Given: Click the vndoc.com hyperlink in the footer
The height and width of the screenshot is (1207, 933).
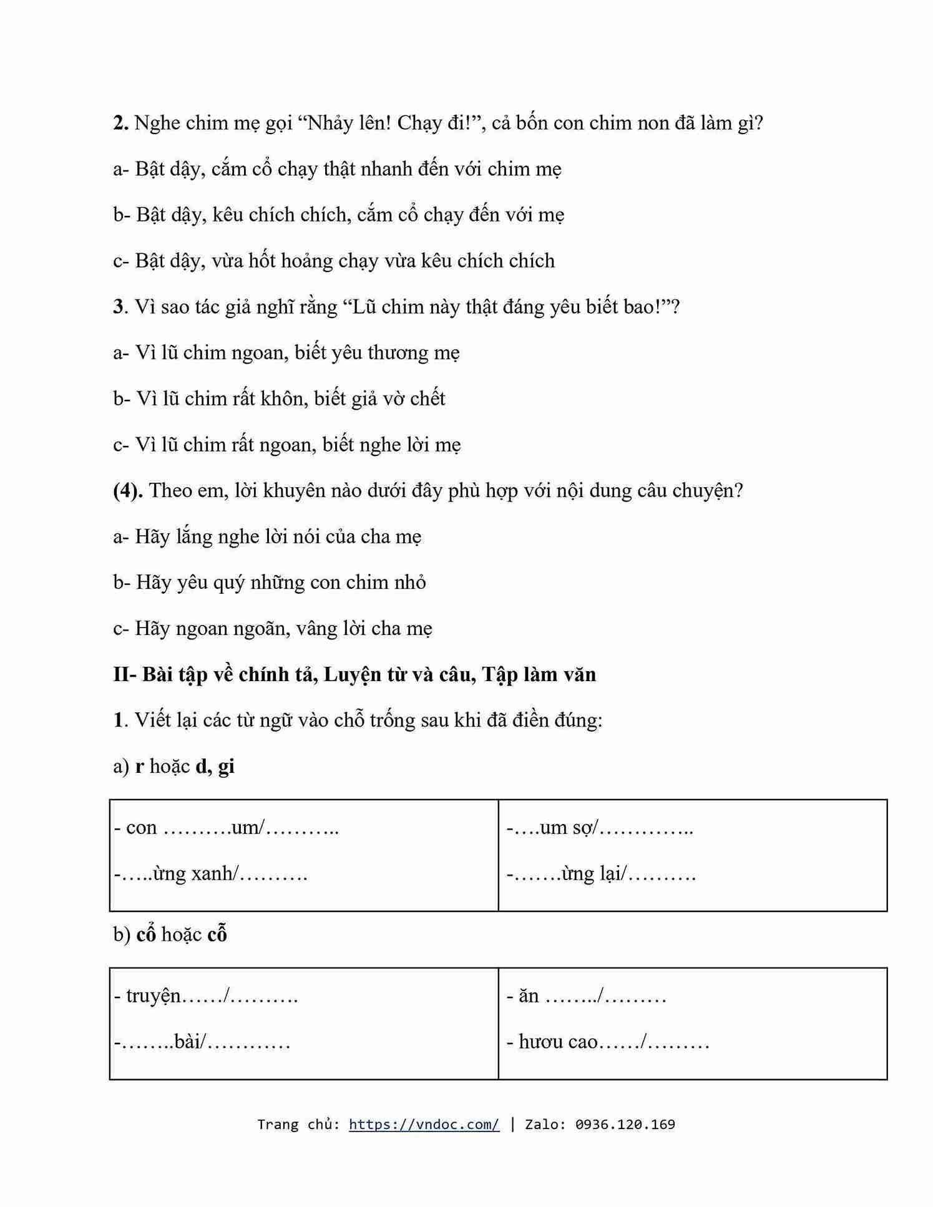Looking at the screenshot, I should (424, 1124).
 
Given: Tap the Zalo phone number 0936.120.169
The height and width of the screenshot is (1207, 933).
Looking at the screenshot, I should (625, 1124).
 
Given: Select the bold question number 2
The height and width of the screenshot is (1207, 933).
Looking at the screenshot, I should (120, 123).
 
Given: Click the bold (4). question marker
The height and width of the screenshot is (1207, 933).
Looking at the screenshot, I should (128, 490).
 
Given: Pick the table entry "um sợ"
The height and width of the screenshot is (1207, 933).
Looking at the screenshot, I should (599, 827).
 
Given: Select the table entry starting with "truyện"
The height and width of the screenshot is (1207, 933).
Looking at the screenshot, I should (205, 996).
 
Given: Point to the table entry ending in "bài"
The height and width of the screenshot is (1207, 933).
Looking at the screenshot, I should (202, 1042).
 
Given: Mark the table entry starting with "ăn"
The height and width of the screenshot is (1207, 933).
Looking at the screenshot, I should (586, 996).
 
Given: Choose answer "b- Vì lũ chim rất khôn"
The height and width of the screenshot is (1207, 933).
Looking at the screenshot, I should (279, 399).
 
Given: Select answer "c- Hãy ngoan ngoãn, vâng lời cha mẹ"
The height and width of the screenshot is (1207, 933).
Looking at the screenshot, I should (273, 628).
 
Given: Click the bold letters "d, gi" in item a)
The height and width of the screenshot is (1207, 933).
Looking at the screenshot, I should (215, 766).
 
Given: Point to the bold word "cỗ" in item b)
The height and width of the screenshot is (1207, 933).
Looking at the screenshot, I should (217, 934).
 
